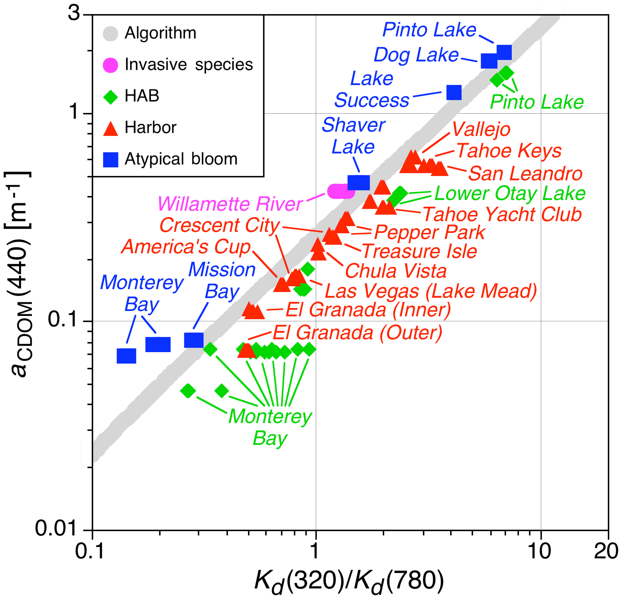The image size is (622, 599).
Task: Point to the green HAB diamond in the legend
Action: [x=111, y=96]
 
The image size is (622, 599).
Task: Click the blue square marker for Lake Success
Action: [x=454, y=93]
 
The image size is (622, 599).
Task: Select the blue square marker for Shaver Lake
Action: [x=359, y=183]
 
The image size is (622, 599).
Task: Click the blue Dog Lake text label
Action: [x=416, y=55]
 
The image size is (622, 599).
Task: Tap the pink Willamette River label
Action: [x=230, y=204]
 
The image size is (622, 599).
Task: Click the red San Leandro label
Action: [x=525, y=174]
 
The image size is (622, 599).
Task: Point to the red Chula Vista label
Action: [x=396, y=271]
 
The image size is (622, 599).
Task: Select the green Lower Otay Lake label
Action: [x=510, y=193]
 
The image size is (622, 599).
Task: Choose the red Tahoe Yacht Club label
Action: [x=502, y=215]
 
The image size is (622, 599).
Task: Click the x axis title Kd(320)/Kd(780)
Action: [x=349, y=582]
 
